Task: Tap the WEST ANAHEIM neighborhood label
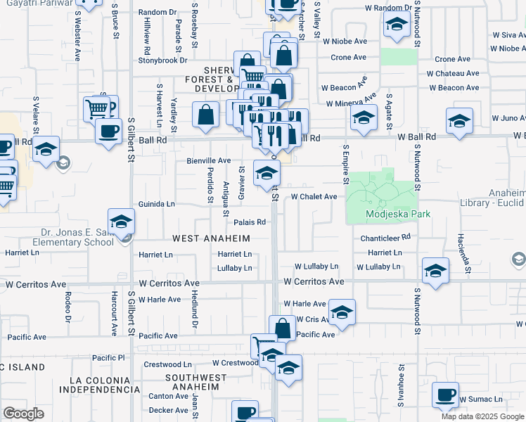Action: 212,238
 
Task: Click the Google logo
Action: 24,414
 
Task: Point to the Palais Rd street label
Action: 250,222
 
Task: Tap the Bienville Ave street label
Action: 209,160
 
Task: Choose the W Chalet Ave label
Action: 314,197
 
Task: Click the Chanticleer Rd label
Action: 385,238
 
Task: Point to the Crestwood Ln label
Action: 167,364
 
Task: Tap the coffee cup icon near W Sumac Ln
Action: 445,395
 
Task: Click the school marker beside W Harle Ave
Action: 341,312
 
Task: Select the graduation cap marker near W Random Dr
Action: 397,26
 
